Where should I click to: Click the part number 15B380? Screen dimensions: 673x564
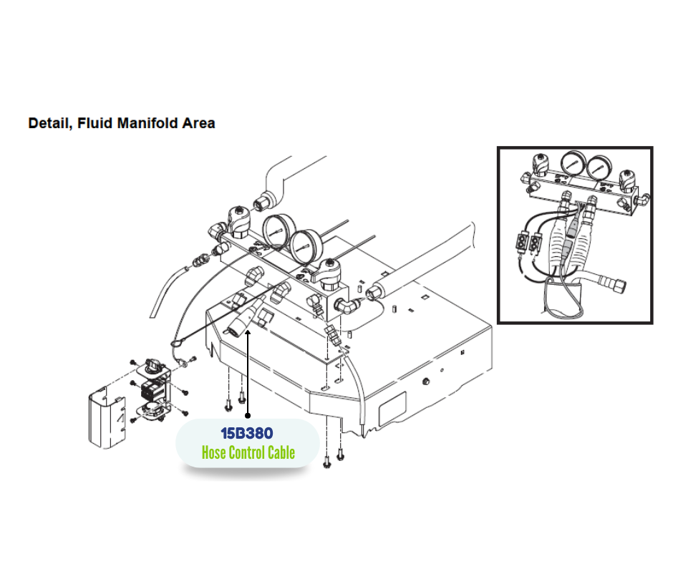(247, 433)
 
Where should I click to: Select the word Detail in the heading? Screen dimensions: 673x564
(50, 124)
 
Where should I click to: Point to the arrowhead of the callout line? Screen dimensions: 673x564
(248, 333)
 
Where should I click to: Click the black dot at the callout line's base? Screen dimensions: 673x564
(248, 416)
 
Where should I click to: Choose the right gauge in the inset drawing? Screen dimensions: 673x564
(599, 168)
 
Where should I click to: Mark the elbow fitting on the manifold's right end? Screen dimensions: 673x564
(347, 306)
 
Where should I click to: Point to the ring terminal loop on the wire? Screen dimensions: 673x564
(177, 344)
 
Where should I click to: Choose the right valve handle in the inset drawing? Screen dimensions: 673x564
(627, 181)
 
